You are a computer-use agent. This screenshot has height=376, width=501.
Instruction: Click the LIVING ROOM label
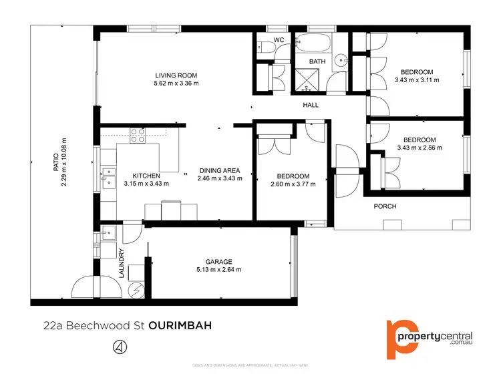pos(176,75)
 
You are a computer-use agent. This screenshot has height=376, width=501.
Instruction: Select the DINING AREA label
pos(219,170)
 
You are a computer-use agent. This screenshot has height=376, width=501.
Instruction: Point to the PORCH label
pos(385,206)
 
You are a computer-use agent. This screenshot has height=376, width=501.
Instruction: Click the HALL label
pos(311,105)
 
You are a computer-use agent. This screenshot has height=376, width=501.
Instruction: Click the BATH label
pos(317,61)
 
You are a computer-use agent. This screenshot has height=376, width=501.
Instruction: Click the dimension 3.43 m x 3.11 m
pos(417,80)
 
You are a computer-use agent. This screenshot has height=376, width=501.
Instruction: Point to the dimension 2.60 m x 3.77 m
pos(293,185)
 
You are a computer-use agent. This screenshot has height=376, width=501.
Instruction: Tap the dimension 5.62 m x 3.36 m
pos(176,83)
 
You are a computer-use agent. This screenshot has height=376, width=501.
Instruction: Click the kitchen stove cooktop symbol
pos(138,136)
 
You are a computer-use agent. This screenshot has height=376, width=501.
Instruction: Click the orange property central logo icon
pos(401,339)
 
